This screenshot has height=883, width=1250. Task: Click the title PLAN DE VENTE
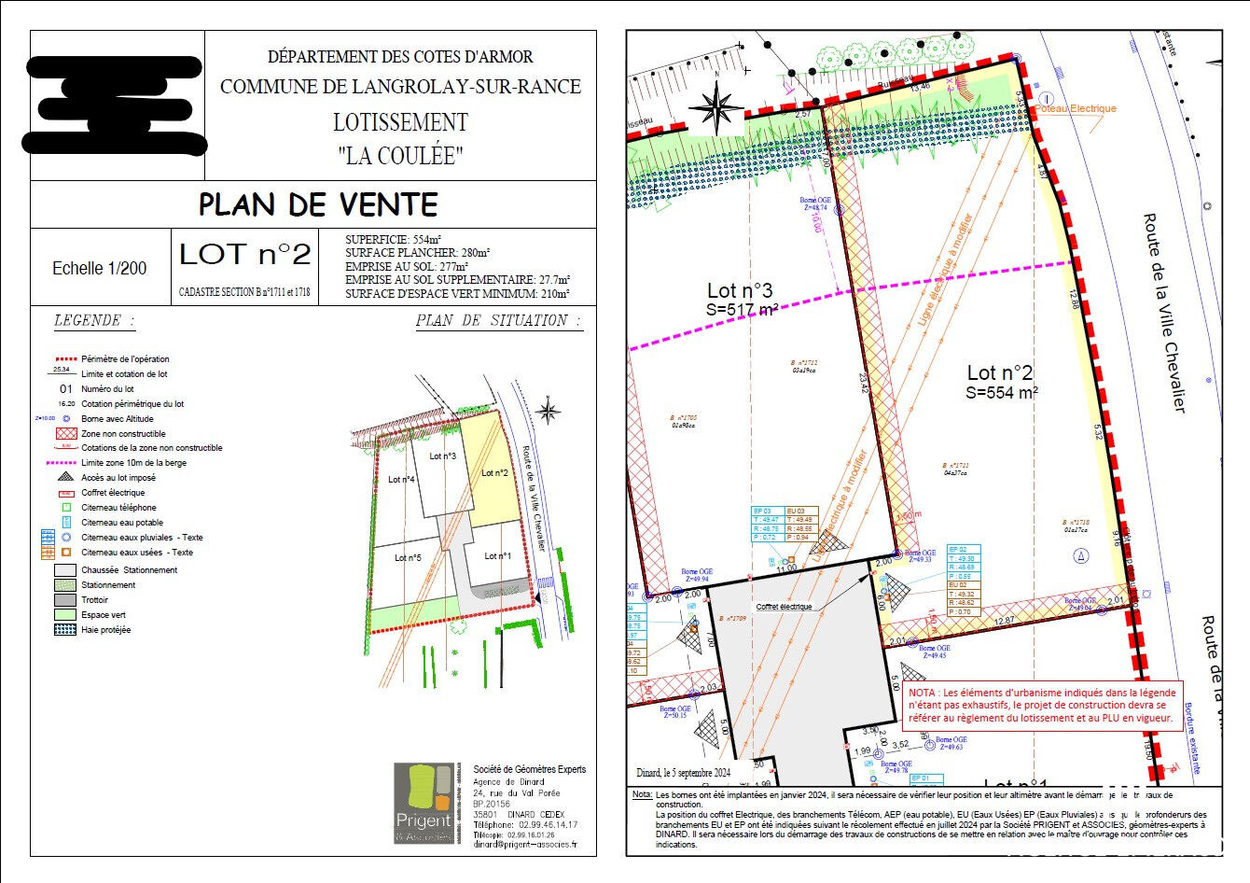(318, 205)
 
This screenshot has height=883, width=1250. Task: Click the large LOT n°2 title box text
(244, 255)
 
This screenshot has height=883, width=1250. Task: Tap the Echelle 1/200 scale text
(99, 269)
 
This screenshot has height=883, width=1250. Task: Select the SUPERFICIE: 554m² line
(393, 240)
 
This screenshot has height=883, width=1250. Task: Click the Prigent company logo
(424, 803)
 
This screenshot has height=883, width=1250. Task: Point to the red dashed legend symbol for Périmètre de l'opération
(65, 359)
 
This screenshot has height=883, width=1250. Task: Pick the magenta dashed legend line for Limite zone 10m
(65, 463)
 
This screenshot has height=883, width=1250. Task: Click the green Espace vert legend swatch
(65, 615)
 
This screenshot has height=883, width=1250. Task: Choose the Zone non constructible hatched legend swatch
(65, 434)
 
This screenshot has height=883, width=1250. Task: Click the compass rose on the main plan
(715, 108)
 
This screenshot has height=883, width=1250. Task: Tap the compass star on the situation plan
(549, 411)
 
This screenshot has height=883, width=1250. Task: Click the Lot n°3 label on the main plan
(740, 290)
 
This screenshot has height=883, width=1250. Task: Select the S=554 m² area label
(1002, 393)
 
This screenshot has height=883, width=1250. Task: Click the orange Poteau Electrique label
(1076, 109)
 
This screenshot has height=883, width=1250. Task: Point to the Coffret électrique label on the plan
(784, 607)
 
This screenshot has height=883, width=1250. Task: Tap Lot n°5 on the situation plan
(408, 558)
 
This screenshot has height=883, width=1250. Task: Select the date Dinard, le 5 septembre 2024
(684, 773)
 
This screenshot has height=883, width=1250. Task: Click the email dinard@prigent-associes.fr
(524, 845)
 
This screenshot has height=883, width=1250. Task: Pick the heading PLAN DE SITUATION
(498, 321)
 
